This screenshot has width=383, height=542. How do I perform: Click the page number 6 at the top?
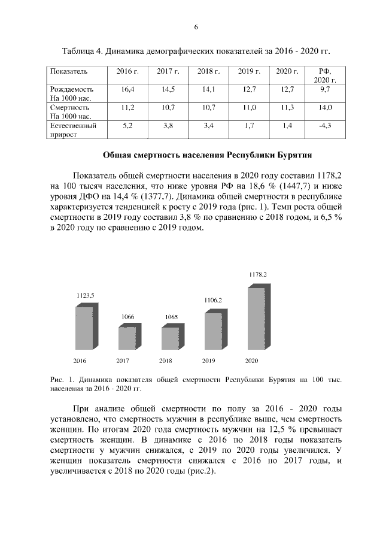pyautogui.click(x=196, y=27)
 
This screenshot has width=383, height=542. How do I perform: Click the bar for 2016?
pyautogui.click(x=84, y=327)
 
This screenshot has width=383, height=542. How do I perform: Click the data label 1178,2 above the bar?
pyautogui.click(x=258, y=274)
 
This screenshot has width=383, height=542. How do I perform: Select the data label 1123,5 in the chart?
pyautogui.click(x=86, y=295)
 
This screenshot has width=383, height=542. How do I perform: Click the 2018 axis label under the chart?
pyautogui.click(x=166, y=361)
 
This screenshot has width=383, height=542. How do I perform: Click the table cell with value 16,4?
pyautogui.click(x=127, y=89)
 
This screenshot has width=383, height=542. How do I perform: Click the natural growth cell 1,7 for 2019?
pyautogui.click(x=250, y=126)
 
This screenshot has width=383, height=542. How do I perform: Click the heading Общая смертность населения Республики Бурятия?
pyautogui.click(x=207, y=155)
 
